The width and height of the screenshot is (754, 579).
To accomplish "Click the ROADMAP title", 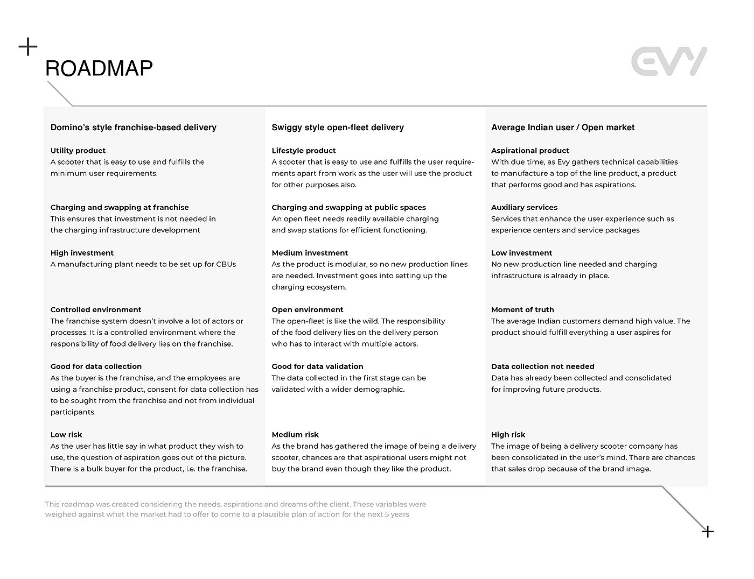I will (99, 68).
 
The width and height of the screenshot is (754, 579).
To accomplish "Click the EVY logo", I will (669, 61).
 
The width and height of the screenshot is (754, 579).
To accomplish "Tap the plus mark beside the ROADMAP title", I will (28, 47).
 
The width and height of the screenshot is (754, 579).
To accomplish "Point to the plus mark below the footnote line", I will (708, 532).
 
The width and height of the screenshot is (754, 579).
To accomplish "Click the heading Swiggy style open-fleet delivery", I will (338, 128).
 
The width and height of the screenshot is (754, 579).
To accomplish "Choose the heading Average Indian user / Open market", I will (563, 128).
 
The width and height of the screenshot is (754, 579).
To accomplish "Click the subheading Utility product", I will (78, 151).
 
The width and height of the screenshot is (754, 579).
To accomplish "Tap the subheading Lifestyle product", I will (304, 151).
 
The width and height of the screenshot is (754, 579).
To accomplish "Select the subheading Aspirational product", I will (530, 151).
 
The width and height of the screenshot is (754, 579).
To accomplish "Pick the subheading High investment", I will (82, 253).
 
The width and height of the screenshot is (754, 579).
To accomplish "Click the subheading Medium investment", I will (310, 253).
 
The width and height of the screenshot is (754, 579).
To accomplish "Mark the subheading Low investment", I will (521, 253).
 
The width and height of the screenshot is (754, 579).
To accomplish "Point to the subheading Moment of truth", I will (522, 310).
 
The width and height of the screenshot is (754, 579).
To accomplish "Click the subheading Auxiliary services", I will (524, 208).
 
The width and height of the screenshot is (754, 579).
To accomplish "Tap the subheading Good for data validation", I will (317, 366).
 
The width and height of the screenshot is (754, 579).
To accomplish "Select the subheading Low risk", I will (66, 435).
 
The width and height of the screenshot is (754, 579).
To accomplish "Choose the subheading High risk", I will (508, 435).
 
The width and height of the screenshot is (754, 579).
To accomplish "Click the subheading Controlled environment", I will (96, 310).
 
